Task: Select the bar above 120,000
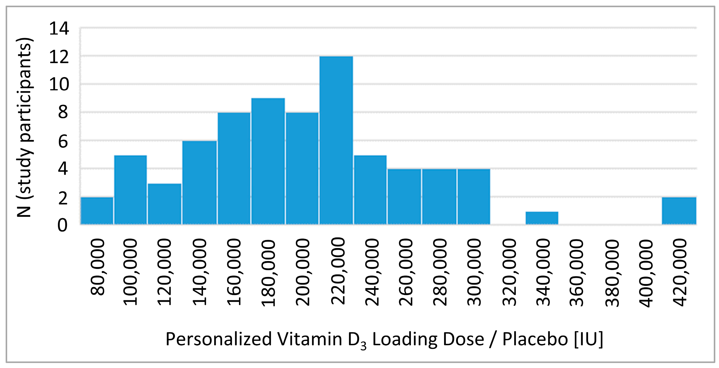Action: click(x=165, y=204)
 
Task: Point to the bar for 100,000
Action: click(x=131, y=190)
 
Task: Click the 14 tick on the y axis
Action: click(x=59, y=29)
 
